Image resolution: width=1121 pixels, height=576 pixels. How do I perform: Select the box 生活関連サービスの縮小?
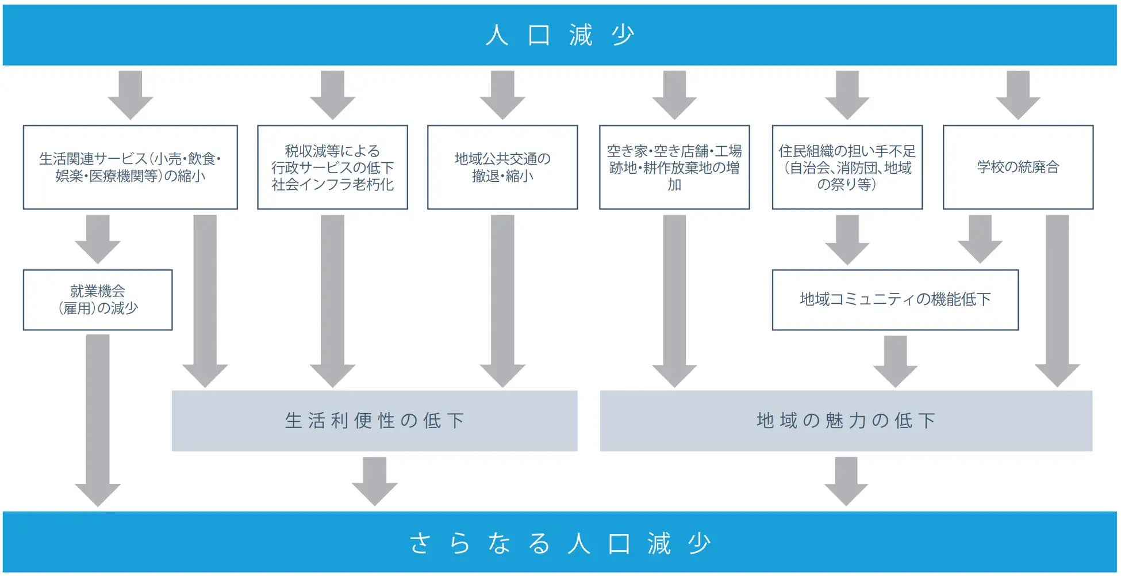point(130,167)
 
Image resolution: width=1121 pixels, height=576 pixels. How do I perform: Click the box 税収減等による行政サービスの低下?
point(332,167)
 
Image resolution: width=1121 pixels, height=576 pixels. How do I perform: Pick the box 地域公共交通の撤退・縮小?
point(502,167)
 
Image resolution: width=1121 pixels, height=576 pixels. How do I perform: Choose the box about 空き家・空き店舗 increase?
point(674,167)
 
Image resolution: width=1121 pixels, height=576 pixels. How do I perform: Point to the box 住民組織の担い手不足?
point(847,167)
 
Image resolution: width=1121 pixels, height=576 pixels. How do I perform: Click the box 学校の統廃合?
point(1018,167)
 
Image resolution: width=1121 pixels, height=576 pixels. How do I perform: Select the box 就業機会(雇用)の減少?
point(97,300)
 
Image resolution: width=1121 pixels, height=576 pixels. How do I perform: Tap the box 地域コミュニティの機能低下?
point(895,300)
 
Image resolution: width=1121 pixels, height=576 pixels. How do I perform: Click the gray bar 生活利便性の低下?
point(374,421)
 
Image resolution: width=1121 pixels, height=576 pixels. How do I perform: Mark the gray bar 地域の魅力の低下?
point(846,421)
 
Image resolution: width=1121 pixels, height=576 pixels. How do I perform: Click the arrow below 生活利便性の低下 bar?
point(374,480)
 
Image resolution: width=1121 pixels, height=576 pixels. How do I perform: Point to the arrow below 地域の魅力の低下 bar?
point(846,480)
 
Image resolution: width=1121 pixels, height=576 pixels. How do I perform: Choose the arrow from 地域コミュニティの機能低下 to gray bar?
point(895,361)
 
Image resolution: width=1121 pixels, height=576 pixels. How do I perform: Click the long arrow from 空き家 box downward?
point(674,299)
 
